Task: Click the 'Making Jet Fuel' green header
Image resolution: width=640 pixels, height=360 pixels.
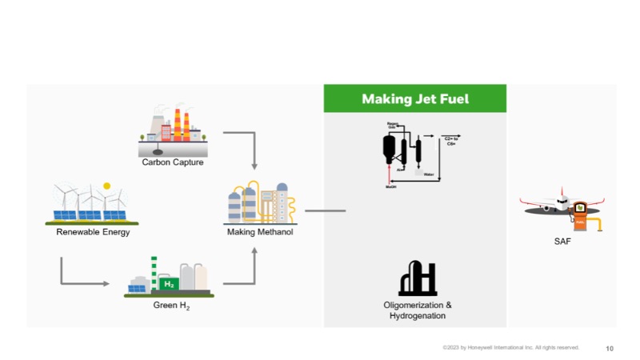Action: click(414, 99)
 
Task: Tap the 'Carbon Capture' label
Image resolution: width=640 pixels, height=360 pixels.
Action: click(173, 162)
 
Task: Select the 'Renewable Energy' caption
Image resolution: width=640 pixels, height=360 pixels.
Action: click(93, 233)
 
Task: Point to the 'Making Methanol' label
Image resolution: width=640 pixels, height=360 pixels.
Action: click(261, 233)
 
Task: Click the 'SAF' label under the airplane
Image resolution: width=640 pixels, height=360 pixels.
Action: click(562, 241)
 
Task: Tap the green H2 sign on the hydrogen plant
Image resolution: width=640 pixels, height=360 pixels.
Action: click(168, 283)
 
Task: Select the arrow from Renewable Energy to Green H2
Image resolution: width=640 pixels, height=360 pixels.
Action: click(80, 283)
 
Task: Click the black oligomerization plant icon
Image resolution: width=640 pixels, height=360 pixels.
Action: click(417, 278)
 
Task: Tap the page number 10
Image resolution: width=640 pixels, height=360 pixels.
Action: click(610, 348)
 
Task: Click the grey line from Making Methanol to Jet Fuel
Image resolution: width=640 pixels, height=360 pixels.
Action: click(325, 211)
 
